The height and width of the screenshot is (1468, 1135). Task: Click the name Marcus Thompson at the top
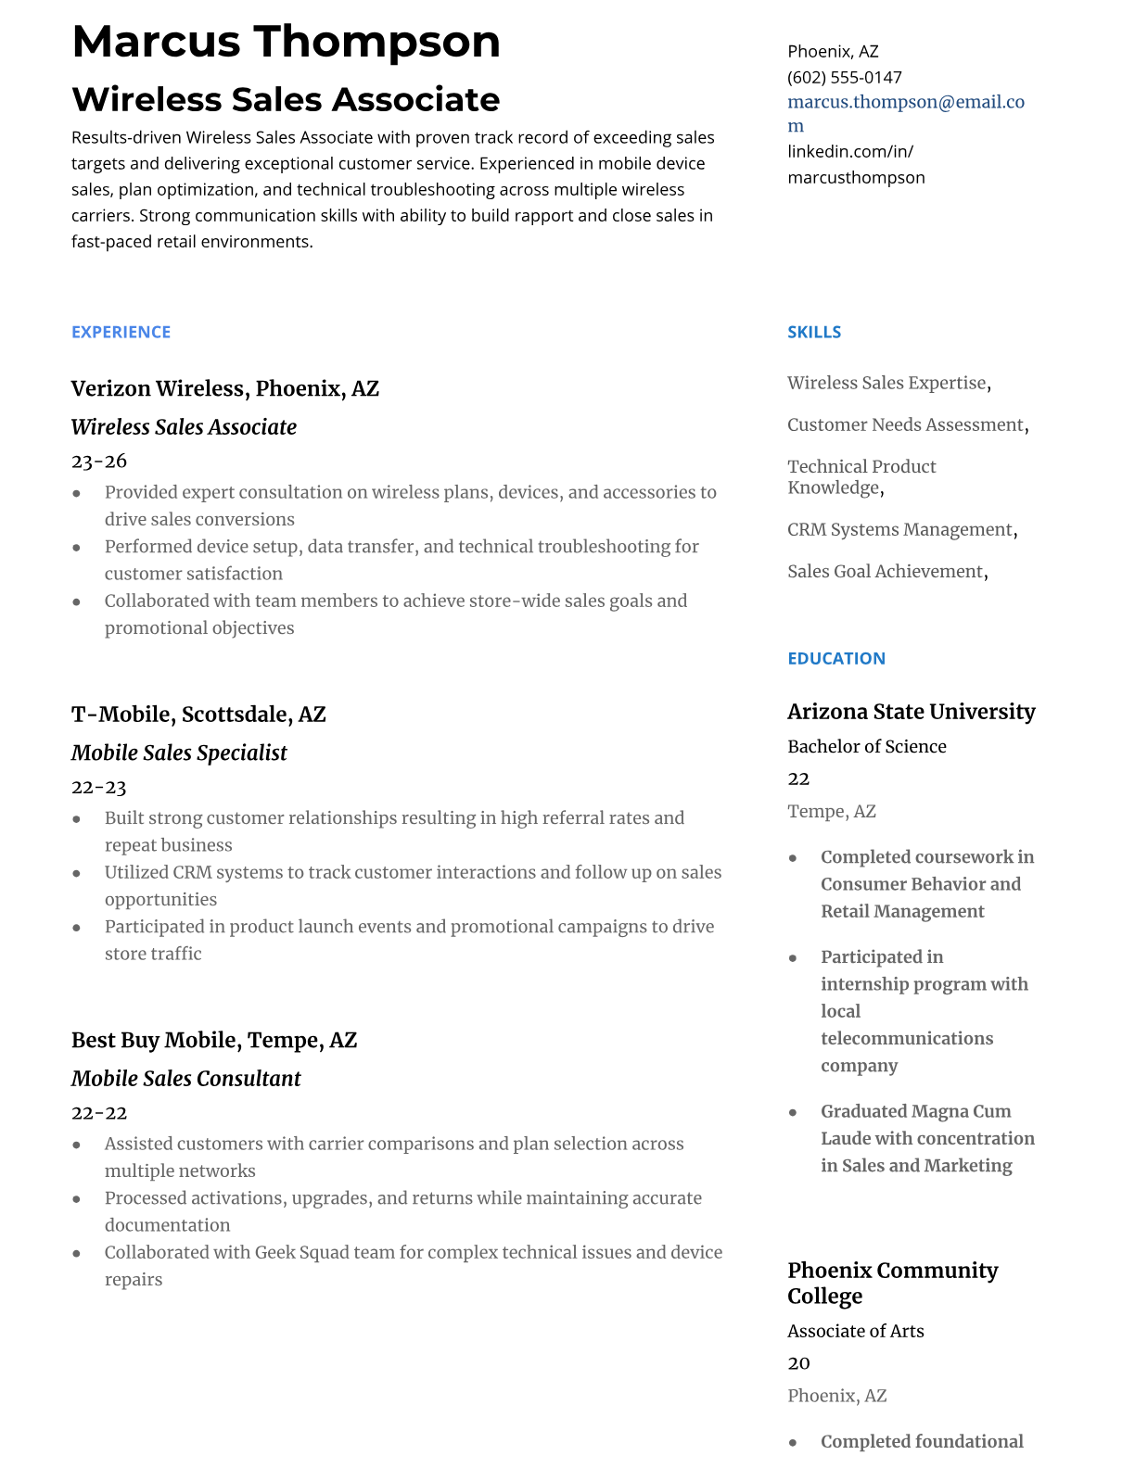tap(286, 42)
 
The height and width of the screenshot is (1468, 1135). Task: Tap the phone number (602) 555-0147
tap(844, 78)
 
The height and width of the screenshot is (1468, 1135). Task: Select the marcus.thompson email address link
tap(905, 103)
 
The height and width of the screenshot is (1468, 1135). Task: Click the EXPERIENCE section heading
tap(121, 333)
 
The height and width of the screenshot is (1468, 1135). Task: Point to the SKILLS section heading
tap(813, 333)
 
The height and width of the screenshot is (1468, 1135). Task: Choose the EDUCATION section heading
tap(835, 659)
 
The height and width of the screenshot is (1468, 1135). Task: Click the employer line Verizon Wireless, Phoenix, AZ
tap(224, 389)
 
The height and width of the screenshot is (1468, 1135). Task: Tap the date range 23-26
tap(98, 462)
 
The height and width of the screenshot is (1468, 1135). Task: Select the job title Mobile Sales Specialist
tap(179, 753)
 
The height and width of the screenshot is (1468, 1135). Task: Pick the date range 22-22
tap(98, 1113)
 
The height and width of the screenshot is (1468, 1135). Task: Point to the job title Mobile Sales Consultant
tap(185, 1079)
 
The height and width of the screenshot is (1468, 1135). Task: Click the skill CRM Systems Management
tap(899, 530)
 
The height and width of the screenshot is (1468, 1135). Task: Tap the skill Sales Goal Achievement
tap(885, 572)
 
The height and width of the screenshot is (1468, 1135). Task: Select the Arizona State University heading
tap(911, 712)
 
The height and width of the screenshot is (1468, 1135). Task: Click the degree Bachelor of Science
tap(866, 747)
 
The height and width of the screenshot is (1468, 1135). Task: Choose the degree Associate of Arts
tap(855, 1332)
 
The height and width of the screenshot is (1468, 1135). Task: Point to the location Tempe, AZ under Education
tap(831, 812)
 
